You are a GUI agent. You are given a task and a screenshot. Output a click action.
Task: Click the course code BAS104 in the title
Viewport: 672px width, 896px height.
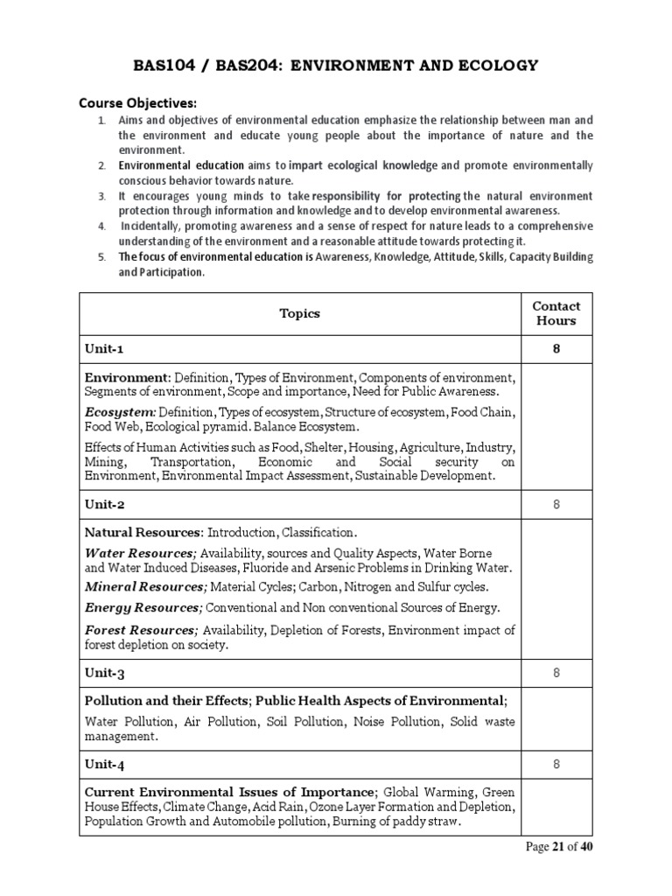point(164,66)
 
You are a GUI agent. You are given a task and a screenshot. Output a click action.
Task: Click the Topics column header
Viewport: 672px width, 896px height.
point(299,313)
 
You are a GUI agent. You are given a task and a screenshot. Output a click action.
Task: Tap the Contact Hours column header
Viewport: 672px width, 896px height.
point(556,313)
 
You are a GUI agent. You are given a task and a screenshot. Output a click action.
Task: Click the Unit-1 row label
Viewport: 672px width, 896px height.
point(104,349)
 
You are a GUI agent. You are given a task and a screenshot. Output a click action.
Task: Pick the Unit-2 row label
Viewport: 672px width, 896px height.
point(105,505)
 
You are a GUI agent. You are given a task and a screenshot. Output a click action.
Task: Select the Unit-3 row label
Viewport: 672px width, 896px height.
point(105,673)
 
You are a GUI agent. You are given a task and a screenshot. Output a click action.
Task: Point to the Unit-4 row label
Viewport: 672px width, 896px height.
point(105,765)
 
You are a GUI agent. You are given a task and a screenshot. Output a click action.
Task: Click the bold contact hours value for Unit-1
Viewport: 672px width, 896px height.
point(556,349)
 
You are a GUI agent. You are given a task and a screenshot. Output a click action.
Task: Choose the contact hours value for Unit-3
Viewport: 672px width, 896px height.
point(556,673)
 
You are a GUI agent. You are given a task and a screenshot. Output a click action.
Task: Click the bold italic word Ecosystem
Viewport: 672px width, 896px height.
point(120,411)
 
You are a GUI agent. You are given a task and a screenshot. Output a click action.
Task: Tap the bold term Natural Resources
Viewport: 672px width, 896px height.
point(143,532)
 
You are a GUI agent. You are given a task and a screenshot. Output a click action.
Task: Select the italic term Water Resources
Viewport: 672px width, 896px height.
point(140,554)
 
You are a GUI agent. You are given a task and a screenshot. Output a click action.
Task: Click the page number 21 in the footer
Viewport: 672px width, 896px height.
point(557,847)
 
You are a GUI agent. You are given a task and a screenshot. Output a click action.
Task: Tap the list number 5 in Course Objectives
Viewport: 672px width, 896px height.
point(101,256)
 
